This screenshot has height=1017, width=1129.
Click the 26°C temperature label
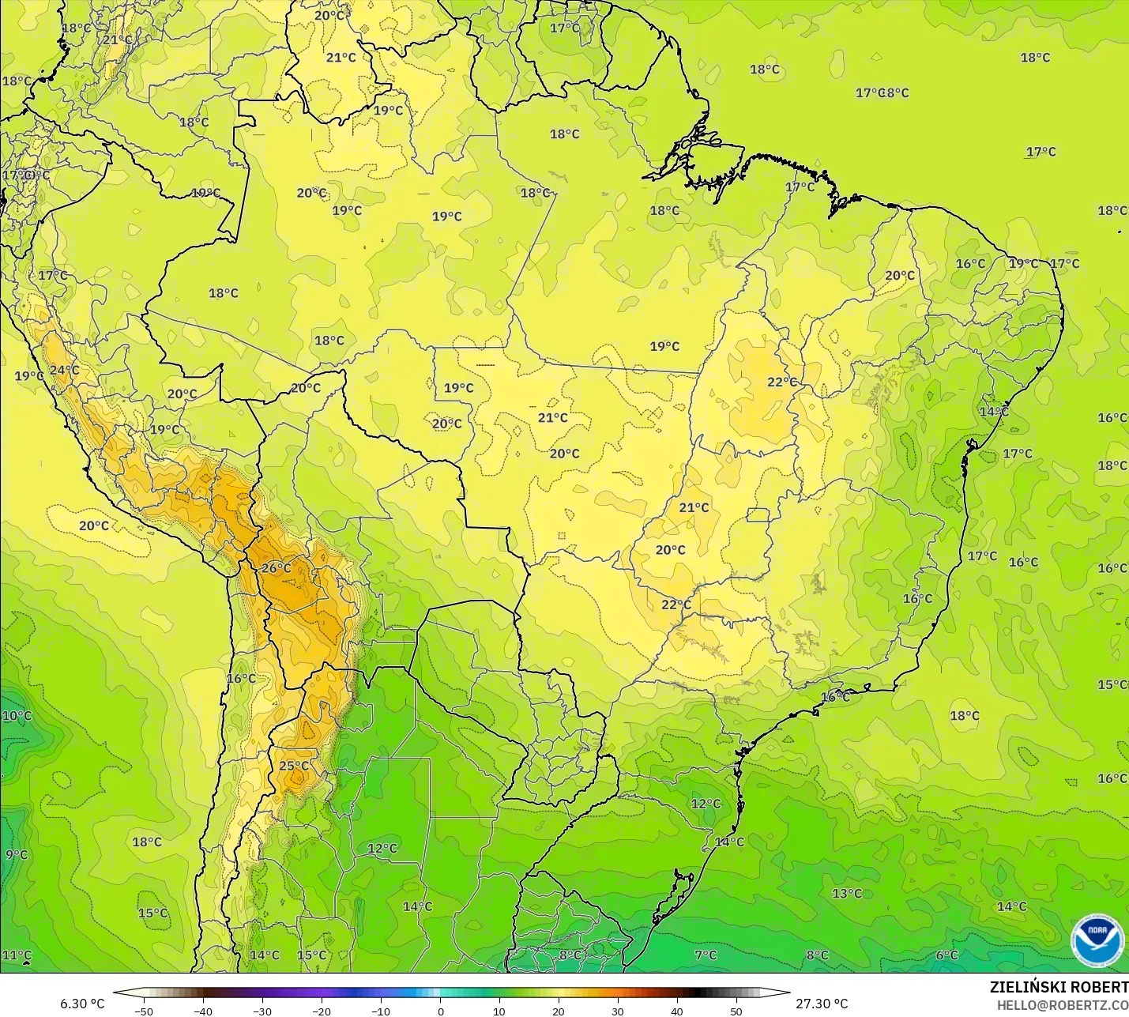pos(277,567)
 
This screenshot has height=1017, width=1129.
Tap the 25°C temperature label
pos(294,765)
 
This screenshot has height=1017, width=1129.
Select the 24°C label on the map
pos(64,370)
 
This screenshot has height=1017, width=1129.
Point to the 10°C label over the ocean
pos(17,716)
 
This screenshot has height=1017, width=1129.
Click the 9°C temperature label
pos(16,854)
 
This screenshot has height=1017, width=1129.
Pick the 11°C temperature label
pos(17,955)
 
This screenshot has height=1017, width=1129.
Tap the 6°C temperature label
pos(946,955)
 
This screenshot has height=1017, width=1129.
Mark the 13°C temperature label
pos(847,893)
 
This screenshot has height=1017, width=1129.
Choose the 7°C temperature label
pos(706,955)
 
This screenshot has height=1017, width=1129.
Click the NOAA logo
pos(1097,940)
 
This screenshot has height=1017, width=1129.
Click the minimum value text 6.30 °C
pos(82,1004)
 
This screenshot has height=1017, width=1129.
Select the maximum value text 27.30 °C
pos(822,1004)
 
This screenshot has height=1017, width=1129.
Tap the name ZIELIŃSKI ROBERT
pos(1059,987)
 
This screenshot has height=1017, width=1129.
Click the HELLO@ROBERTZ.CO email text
pos(1062,1005)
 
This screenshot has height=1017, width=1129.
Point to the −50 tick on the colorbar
pos(143,1011)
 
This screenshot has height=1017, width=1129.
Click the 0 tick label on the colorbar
pos(440,1011)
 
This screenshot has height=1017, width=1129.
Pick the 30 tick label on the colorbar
pos(618,1011)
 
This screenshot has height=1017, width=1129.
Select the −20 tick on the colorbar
pos(321,1011)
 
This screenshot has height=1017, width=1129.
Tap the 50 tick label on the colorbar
pos(736,1011)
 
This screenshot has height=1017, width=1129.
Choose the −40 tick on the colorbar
pos(202,1011)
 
